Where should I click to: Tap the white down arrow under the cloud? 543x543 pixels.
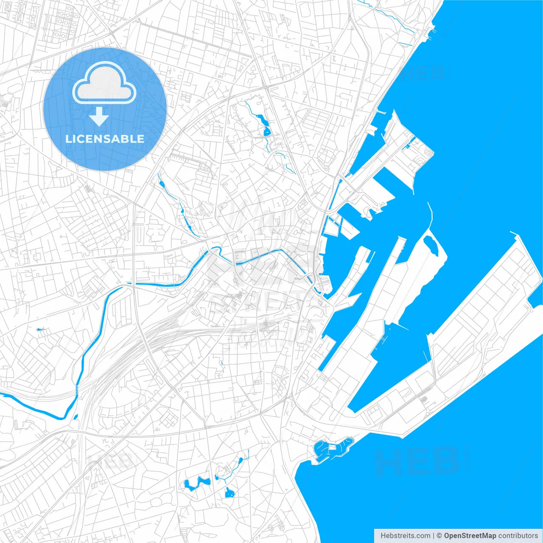99,117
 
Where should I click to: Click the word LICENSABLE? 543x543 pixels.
105,139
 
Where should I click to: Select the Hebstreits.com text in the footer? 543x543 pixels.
405,535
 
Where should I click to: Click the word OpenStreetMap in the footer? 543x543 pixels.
470,535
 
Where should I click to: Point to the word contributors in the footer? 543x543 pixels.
518,535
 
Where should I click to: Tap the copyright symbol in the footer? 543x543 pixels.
439,535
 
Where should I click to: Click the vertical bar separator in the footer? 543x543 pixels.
433,535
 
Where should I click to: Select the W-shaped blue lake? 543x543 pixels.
197,483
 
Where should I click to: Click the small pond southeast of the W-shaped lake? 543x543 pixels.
230,493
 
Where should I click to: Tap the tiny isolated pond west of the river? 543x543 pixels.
40,329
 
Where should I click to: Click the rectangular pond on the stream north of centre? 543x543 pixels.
267,131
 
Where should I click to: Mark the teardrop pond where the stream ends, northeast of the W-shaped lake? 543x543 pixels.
241,460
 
